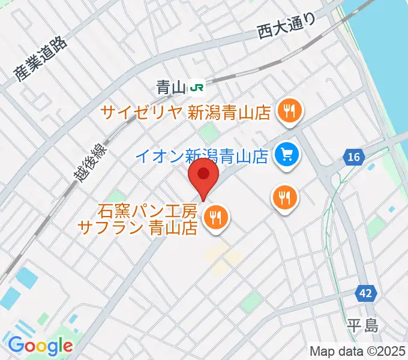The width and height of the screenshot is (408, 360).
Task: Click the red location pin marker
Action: coord(203,178)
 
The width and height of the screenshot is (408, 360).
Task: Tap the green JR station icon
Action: coord(196,88)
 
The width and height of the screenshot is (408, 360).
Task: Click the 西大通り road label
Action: coord(286,27)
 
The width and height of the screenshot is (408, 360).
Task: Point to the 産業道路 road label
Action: coord(41,59)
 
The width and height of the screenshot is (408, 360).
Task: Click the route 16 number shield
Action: coord(354,157)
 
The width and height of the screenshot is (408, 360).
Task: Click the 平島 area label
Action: coord(363,326)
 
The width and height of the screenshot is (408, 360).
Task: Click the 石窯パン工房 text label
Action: coord(148,211)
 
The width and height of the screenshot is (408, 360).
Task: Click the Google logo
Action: coord(40,346)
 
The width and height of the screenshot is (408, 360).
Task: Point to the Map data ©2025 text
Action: coord(357,351)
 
